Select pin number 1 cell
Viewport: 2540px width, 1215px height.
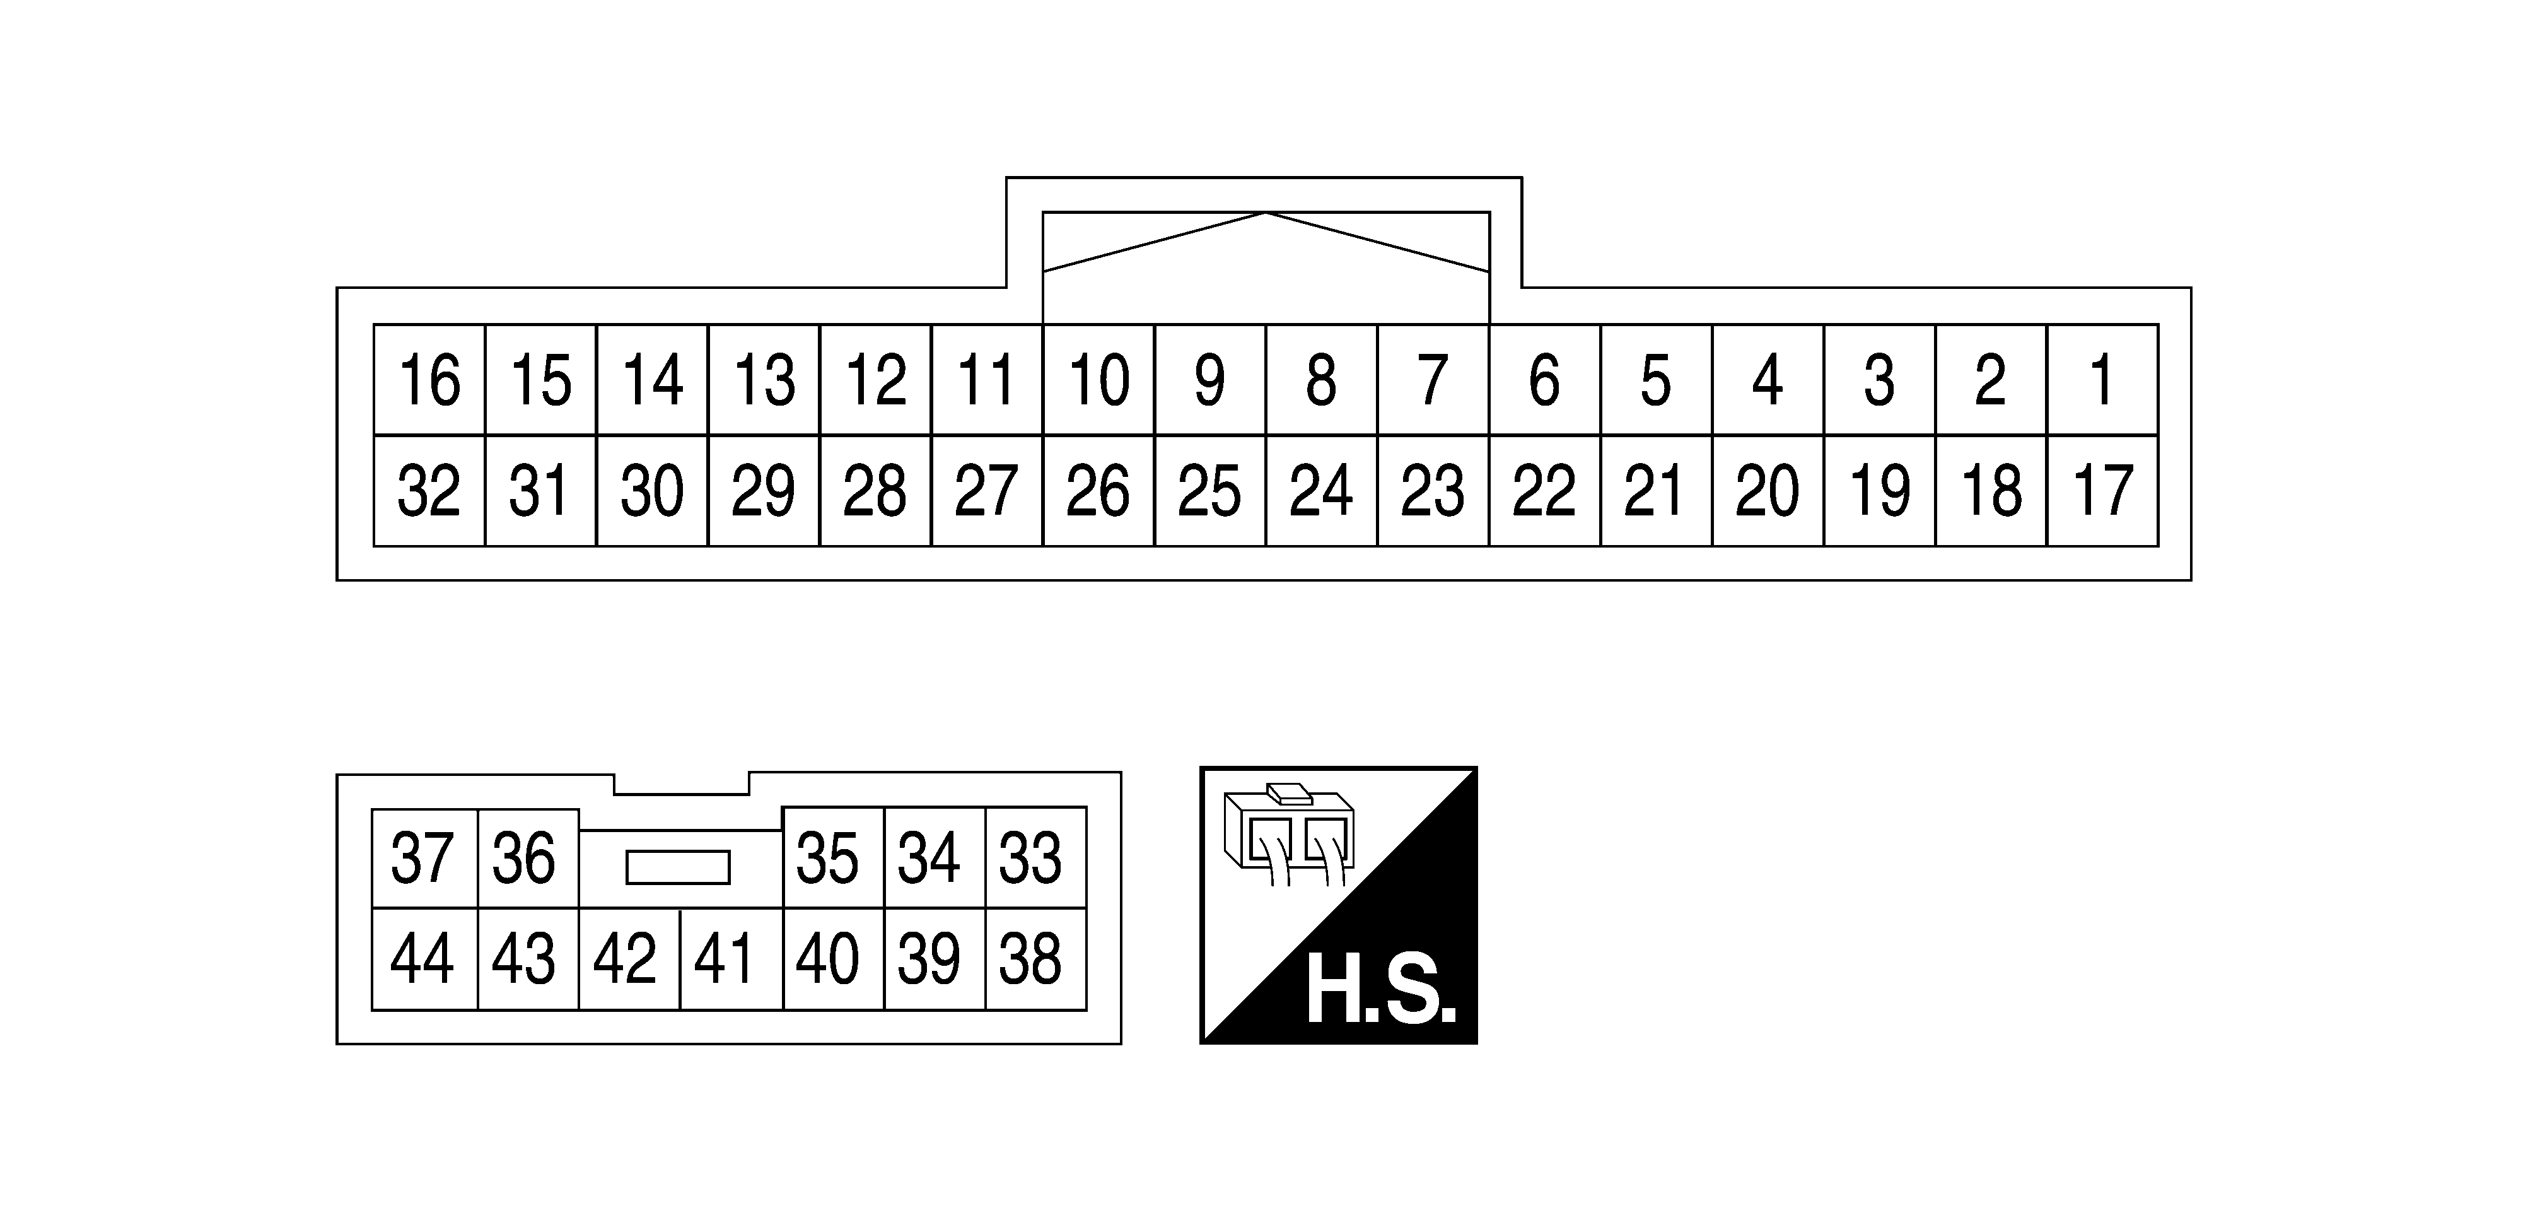(2102, 380)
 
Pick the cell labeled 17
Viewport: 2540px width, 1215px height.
(2102, 490)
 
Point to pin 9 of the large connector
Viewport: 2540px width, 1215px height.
(1210, 380)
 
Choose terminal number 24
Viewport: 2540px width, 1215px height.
(1321, 490)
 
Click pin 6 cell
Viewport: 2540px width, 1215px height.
(1545, 380)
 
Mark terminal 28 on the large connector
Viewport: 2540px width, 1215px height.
(876, 490)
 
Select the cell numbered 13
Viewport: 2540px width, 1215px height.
(764, 380)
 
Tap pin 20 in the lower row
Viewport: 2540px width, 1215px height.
(1768, 490)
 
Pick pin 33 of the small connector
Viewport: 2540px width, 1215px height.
(1035, 858)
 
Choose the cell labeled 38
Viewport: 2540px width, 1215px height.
(1035, 959)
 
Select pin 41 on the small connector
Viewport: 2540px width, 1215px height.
(731, 959)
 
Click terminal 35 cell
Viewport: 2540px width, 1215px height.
(833, 858)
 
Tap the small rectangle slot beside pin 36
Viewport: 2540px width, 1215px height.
(679, 868)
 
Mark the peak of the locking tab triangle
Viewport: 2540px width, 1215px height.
(1266, 213)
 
